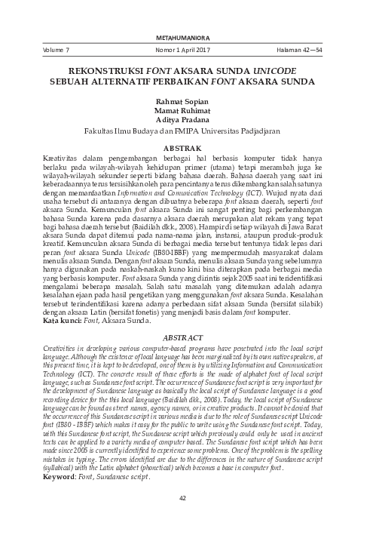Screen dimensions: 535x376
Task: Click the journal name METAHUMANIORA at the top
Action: [188, 35]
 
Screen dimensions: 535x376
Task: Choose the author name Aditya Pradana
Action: [188, 118]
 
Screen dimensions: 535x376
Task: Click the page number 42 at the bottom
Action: [188, 509]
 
